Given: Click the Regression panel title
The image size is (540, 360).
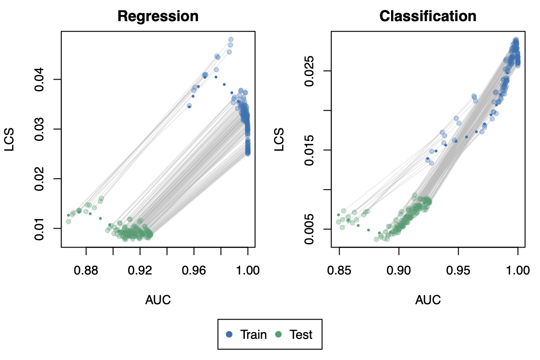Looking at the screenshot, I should pyautogui.click(x=158, y=17).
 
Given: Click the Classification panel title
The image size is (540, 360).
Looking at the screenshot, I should pyautogui.click(x=428, y=17).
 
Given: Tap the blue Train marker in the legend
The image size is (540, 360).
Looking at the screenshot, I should pyautogui.click(x=229, y=334).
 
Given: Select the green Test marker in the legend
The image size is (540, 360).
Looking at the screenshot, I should pyautogui.click(x=279, y=334).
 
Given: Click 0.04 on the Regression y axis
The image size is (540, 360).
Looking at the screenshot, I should pyautogui.click(x=40, y=79).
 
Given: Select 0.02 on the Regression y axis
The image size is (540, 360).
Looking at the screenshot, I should pyautogui.click(x=40, y=179).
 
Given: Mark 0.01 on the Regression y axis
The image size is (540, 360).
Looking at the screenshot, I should pyautogui.click(x=40, y=228).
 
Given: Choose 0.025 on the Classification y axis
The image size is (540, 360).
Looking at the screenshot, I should pyautogui.click(x=310, y=71).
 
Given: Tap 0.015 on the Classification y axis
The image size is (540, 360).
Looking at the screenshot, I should pyautogui.click(x=310, y=150).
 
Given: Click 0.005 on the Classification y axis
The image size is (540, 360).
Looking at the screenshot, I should pyautogui.click(x=310, y=229).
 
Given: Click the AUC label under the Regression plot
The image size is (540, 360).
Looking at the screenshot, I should pyautogui.click(x=158, y=300).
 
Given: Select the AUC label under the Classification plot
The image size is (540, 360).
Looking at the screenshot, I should pyautogui.click(x=428, y=300).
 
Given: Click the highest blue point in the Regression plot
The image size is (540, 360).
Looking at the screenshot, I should pyautogui.click(x=231, y=40).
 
